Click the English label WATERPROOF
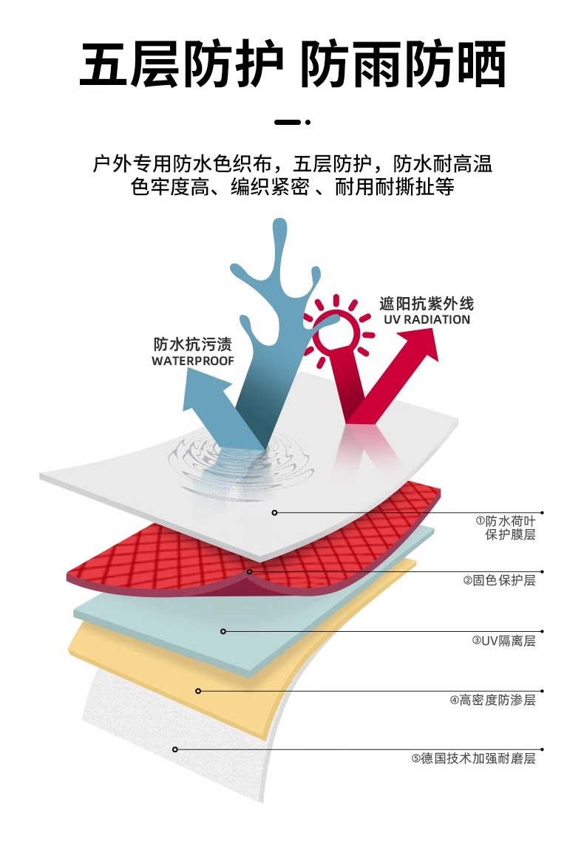tap(193, 361)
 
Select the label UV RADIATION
tap(427, 320)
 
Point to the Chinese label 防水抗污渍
tap(193, 344)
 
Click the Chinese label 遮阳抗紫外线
tap(427, 304)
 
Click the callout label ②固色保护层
tap(499, 581)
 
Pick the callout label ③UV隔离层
tap(503, 641)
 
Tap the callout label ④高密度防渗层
tap(492, 700)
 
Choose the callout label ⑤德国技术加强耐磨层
tap(473, 758)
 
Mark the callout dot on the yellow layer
tap(198, 691)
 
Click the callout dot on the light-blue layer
tap(223, 631)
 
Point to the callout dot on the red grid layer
tap(250, 571)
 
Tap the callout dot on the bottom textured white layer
tap(175, 749)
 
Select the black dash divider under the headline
tap(288, 122)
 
